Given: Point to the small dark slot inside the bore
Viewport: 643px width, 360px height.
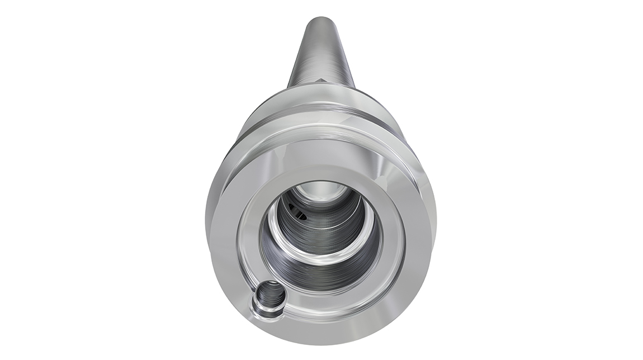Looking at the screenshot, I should [300, 213].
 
